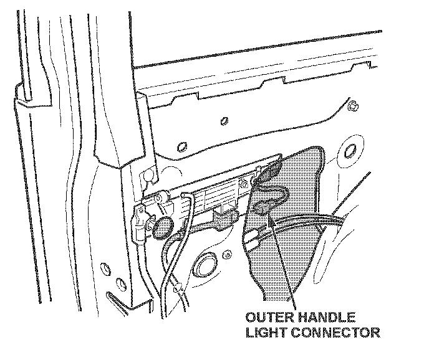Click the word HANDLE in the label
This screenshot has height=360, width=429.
coord(325,317)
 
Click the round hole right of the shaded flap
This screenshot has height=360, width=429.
coord(348,151)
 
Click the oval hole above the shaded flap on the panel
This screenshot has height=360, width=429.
coord(181,147)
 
